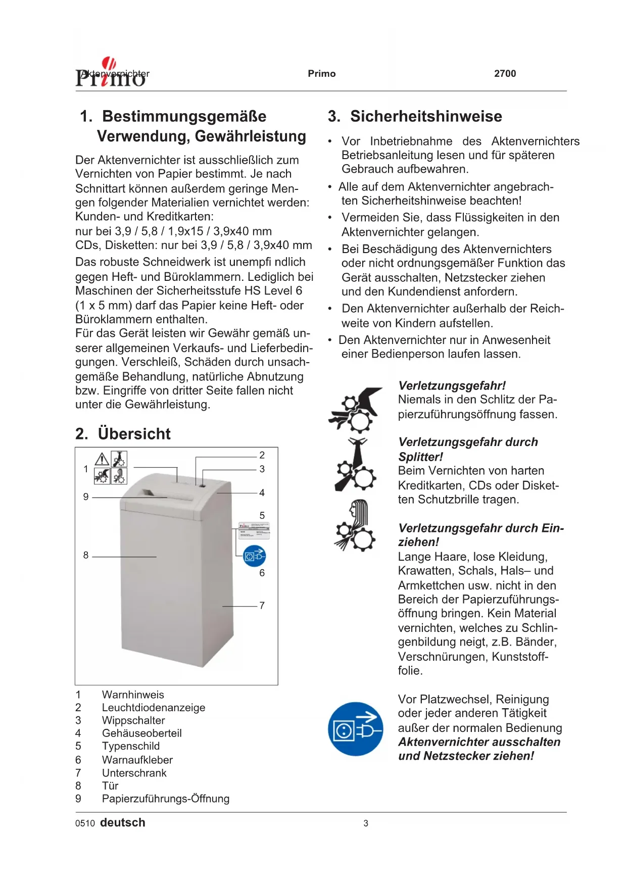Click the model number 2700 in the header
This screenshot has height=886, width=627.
point(505,74)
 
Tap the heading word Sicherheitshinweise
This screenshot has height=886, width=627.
point(426,116)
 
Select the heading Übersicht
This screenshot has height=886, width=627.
point(134,434)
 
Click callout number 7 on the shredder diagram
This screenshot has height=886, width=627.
point(262,605)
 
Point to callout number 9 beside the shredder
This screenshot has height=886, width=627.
point(86,497)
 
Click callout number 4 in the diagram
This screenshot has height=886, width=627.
point(262,493)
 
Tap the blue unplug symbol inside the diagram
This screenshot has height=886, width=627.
point(254,556)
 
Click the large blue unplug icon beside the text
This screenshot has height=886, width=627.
point(355,728)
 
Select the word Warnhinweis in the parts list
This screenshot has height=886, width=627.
point(133,695)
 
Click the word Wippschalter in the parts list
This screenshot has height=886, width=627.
point(133,720)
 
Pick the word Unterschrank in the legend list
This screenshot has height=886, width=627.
point(134,773)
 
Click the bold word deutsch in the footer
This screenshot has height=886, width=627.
point(123,823)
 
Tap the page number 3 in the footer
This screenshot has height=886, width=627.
point(366,823)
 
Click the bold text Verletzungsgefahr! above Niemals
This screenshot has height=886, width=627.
point(452,386)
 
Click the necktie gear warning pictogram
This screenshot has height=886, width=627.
point(356,465)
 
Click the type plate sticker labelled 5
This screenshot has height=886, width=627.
point(254,531)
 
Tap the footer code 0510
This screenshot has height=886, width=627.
point(85,823)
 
